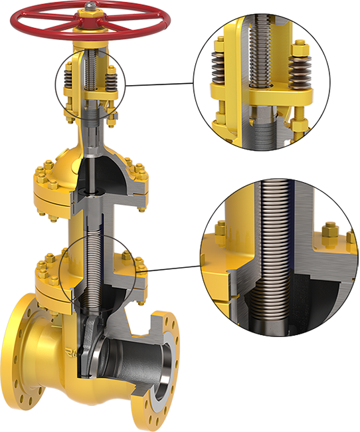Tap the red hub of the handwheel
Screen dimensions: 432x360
click(x=88, y=20)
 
